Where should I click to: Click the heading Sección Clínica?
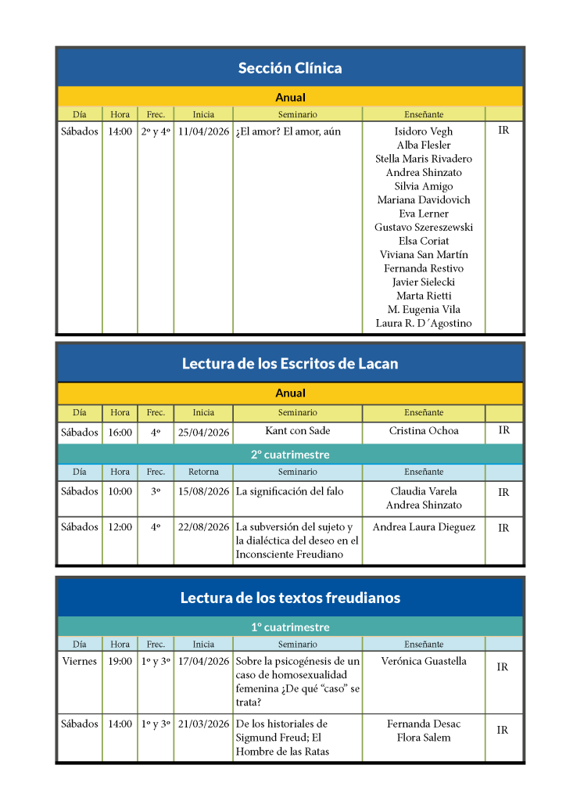click(x=290, y=68)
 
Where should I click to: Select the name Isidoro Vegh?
click(x=423, y=131)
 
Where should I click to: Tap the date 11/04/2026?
click(x=203, y=131)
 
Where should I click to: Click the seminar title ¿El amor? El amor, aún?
click(x=288, y=131)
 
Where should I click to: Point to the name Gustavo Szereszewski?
click(x=423, y=227)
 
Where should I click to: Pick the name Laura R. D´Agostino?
click(x=423, y=323)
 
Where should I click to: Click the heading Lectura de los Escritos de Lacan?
click(x=290, y=364)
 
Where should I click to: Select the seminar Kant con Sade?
click(x=297, y=431)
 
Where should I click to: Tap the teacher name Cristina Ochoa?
click(x=423, y=431)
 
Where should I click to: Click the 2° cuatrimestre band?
click(x=290, y=454)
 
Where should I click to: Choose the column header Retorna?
click(x=203, y=472)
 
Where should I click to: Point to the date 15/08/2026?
click(x=203, y=491)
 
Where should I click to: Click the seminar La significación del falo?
click(x=289, y=491)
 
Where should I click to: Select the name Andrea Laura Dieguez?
click(x=423, y=527)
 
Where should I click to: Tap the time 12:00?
click(x=120, y=527)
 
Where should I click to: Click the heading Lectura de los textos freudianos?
click(x=290, y=598)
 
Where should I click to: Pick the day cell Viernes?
click(x=79, y=661)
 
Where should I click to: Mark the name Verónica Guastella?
click(x=423, y=661)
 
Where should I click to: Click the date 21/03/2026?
click(x=203, y=724)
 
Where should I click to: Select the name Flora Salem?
click(x=423, y=738)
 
